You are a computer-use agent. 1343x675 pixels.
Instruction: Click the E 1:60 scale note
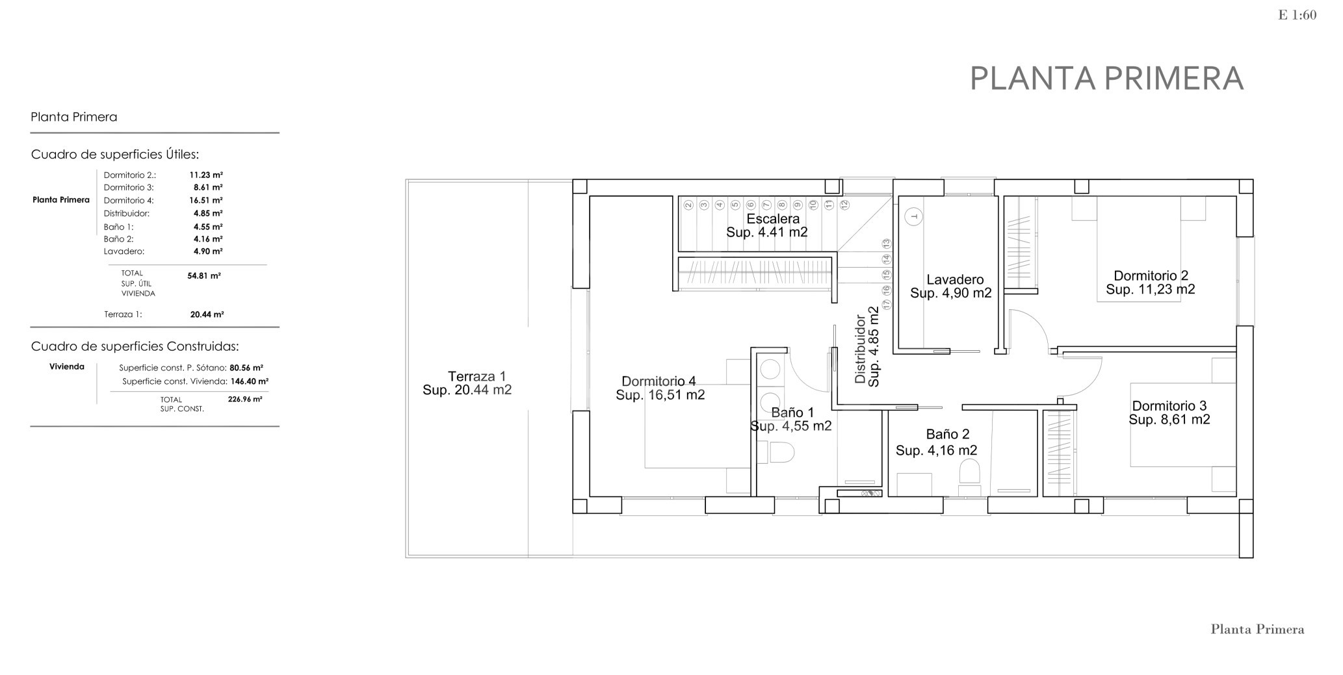tap(1297, 15)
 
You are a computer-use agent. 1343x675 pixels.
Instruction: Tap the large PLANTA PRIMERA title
tap(1106, 79)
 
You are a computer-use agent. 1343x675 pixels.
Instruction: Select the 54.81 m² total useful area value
tap(204, 275)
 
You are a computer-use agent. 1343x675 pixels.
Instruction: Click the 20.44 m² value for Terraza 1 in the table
tap(207, 314)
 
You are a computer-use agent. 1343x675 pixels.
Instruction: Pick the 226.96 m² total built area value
tap(245, 400)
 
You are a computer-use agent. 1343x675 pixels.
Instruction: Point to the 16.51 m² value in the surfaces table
tap(206, 201)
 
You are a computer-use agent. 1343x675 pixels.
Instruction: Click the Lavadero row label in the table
tap(124, 251)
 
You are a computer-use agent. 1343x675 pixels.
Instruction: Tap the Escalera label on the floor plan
tap(773, 219)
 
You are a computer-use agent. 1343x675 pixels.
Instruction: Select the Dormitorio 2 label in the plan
tap(1151, 275)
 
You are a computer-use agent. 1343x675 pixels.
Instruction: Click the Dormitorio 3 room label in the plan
tap(1169, 406)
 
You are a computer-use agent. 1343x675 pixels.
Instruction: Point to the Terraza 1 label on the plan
tap(476, 376)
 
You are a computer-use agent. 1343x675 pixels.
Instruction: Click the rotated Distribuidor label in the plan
tap(861, 349)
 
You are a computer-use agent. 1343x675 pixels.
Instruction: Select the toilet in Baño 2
tap(969, 472)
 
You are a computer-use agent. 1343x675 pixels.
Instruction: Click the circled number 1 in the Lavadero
tap(914, 216)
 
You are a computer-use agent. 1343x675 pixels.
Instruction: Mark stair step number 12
tap(844, 204)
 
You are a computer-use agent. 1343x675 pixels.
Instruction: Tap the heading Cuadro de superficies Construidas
tap(135, 347)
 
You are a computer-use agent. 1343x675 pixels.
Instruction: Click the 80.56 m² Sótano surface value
tap(246, 368)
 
